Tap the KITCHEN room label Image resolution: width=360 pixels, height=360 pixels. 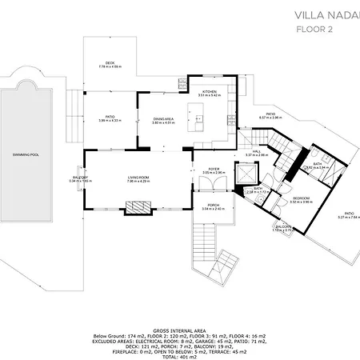[210, 92]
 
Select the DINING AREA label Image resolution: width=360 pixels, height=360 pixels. [163, 120]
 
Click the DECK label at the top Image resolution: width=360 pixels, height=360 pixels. [110, 64]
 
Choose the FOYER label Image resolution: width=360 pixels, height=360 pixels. [214, 169]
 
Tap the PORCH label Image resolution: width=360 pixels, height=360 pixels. [214, 206]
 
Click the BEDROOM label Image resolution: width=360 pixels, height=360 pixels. [300, 198]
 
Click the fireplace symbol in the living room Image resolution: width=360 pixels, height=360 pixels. [134, 207]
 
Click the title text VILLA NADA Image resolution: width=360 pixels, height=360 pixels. [325, 14]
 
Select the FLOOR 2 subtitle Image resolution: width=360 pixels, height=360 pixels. [314, 30]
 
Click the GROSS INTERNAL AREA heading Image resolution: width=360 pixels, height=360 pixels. [179, 329]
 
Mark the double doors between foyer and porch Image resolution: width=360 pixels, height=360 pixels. [214, 189]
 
